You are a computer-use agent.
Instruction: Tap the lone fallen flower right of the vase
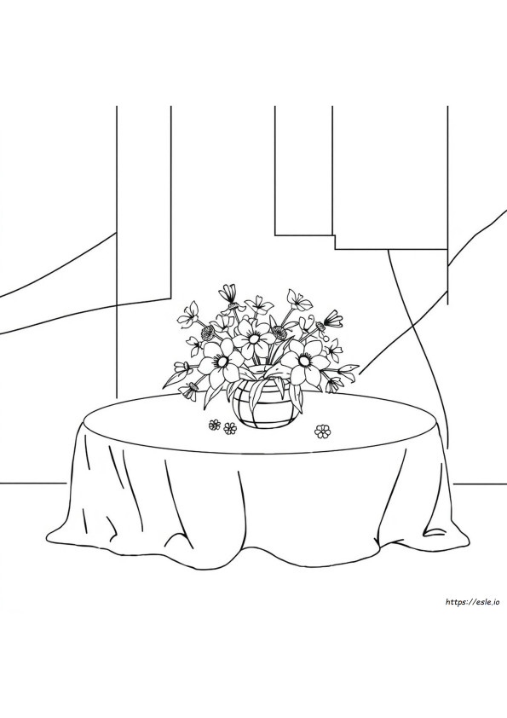[323, 431]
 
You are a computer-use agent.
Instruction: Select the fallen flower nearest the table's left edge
[214, 425]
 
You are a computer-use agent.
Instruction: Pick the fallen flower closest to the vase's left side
[230, 429]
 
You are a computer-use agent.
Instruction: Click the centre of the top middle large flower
[252, 339]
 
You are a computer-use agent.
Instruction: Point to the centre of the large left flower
[223, 362]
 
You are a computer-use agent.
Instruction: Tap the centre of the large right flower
[302, 361]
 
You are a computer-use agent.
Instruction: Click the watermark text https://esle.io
[475, 602]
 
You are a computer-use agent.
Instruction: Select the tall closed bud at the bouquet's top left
[229, 292]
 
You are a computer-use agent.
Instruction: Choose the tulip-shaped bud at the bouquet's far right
[334, 318]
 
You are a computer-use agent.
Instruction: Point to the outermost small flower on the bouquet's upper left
[188, 314]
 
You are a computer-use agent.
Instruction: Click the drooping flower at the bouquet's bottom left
[188, 391]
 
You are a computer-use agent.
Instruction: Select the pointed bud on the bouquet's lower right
[349, 368]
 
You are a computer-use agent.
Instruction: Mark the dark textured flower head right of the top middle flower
[278, 330]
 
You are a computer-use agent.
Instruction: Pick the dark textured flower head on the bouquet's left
[209, 333]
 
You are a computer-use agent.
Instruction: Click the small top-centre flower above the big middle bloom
[256, 304]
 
